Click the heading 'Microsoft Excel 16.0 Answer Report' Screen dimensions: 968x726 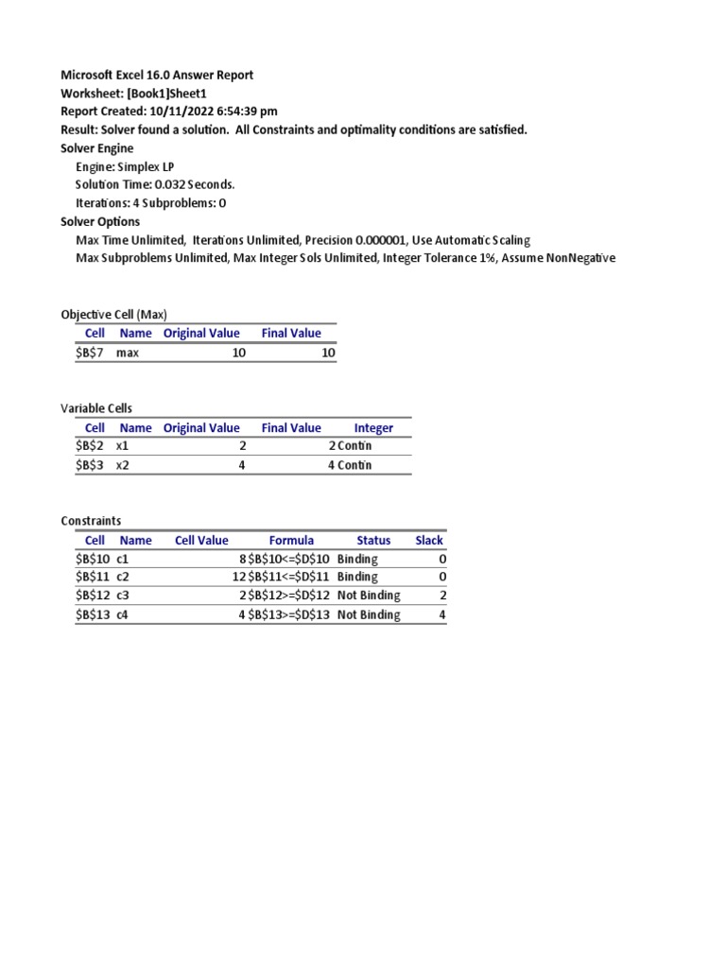(x=157, y=75)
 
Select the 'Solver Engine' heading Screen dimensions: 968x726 (x=97, y=147)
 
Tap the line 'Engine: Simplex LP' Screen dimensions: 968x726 (x=125, y=166)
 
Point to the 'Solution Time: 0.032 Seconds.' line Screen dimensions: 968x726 (x=155, y=184)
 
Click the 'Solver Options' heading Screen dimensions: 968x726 (x=100, y=221)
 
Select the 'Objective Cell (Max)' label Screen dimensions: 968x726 (x=113, y=314)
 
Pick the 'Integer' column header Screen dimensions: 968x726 (x=373, y=427)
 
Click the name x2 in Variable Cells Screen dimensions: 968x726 (x=125, y=465)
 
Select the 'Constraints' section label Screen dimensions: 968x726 (x=91, y=521)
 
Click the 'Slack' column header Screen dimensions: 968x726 (x=429, y=540)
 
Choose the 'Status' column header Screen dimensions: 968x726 (x=373, y=540)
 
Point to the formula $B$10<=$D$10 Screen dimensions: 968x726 (x=288, y=559)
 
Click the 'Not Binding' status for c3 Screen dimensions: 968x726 (x=369, y=596)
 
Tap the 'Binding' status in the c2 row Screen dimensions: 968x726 (x=357, y=577)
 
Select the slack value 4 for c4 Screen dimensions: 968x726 (x=442, y=614)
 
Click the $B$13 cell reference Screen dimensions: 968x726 (x=93, y=614)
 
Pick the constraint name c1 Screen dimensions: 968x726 (x=123, y=559)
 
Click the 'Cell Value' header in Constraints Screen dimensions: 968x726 (x=201, y=540)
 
